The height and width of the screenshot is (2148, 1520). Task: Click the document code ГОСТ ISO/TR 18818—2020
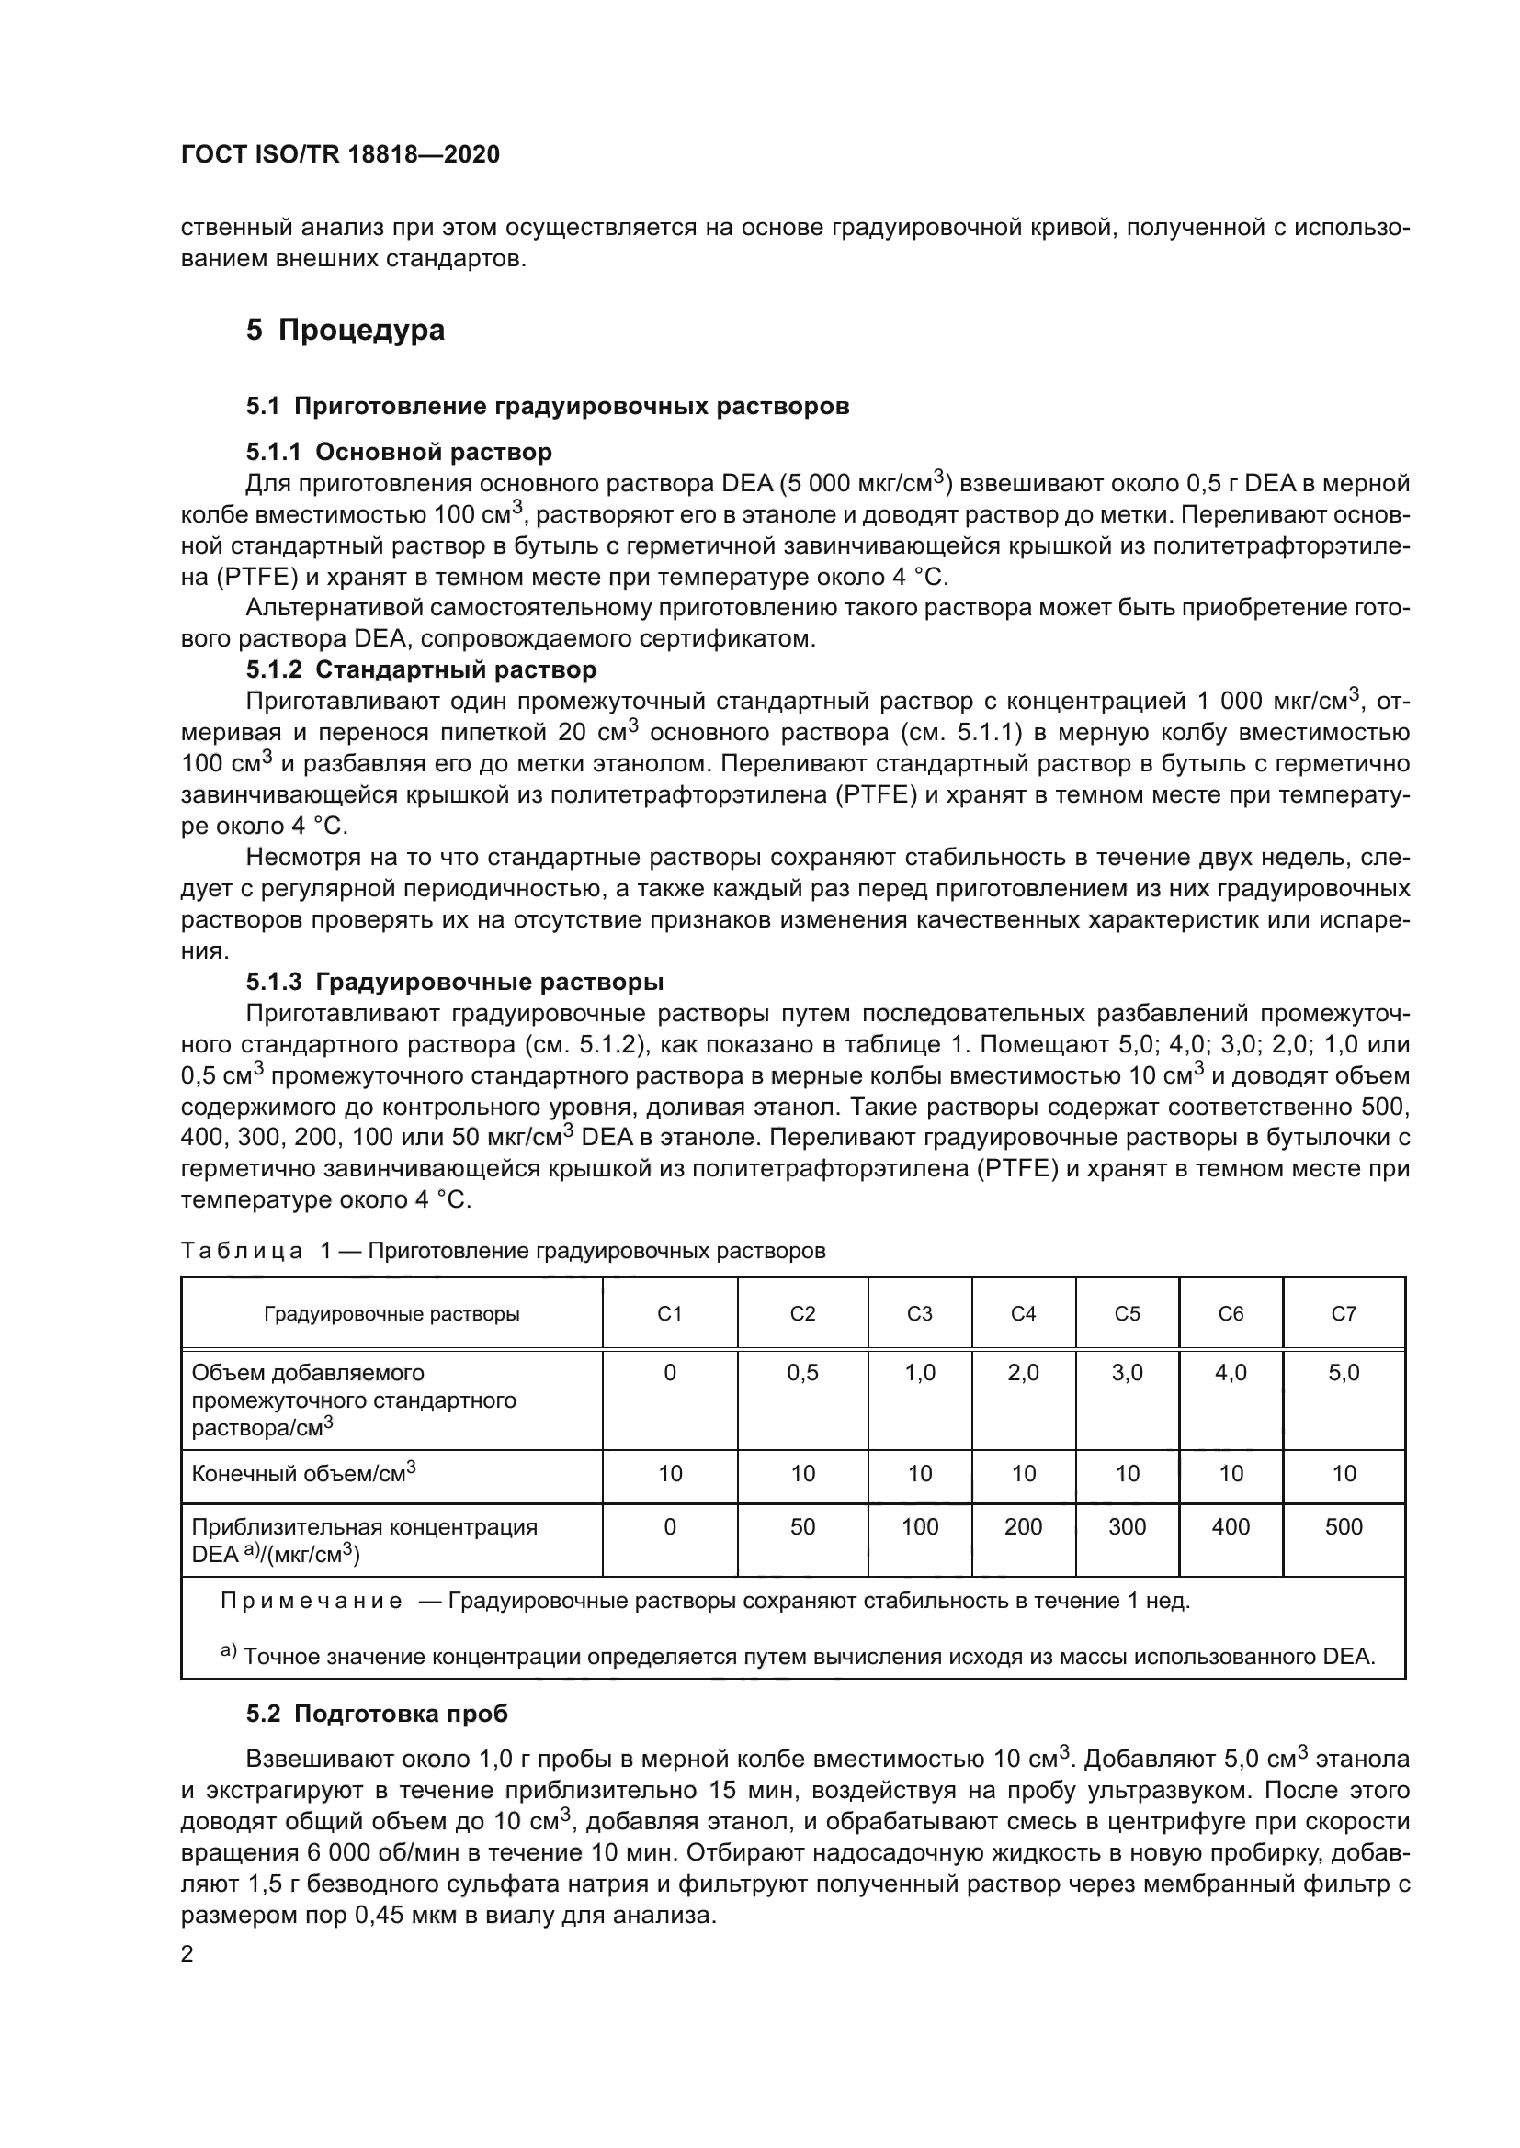pyautogui.click(x=340, y=155)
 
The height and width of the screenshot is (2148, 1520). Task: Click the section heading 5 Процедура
pyautogui.click(x=346, y=331)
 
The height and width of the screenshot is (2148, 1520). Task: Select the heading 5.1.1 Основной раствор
pyautogui.click(x=399, y=452)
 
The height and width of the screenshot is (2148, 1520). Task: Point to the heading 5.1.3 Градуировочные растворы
pyautogui.click(x=455, y=982)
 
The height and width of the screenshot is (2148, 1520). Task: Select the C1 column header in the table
pyautogui.click(x=669, y=1313)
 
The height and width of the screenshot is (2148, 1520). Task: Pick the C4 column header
pyautogui.click(x=1023, y=1313)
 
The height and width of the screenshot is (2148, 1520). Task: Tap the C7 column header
pyautogui.click(x=1344, y=1313)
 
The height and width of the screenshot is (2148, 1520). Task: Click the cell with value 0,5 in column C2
pyautogui.click(x=802, y=1372)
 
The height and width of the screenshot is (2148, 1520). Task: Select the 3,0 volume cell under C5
pyautogui.click(x=1127, y=1372)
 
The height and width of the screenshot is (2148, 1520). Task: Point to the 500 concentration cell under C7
pyautogui.click(x=1344, y=1527)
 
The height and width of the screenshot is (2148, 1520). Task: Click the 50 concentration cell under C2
pyautogui.click(x=802, y=1527)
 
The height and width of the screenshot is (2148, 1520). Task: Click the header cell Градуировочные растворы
pyautogui.click(x=391, y=1313)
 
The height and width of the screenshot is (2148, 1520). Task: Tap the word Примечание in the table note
pyautogui.click(x=312, y=1601)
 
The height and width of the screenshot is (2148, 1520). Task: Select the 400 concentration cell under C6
pyautogui.click(x=1230, y=1527)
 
